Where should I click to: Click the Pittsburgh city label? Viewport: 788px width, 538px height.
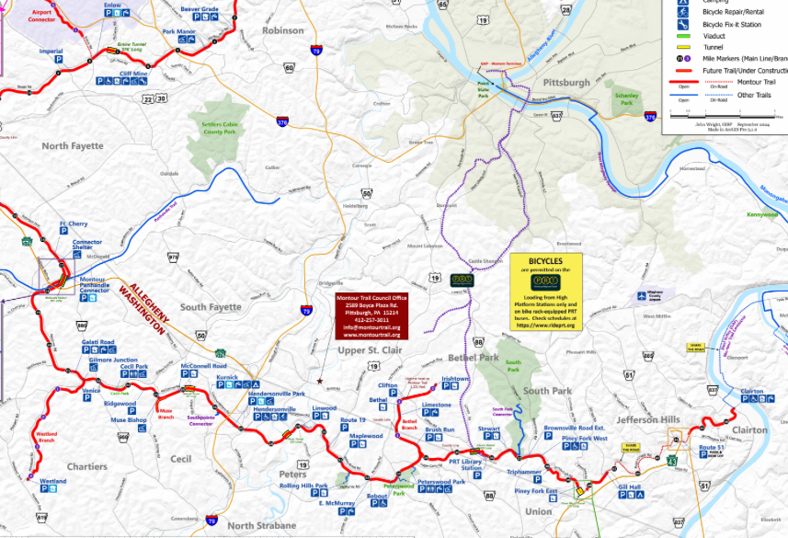pyautogui.click(x=565, y=82)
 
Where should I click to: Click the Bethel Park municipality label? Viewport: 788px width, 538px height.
pyautogui.click(x=474, y=357)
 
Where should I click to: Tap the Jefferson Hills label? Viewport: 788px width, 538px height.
pyautogui.click(x=648, y=418)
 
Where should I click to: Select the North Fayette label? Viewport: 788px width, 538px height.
pyautogui.click(x=73, y=145)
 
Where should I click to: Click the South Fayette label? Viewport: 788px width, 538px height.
pyautogui.click(x=211, y=306)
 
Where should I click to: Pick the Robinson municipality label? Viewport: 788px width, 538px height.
pyautogui.click(x=282, y=30)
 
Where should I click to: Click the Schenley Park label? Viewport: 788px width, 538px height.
pyautogui.click(x=626, y=98)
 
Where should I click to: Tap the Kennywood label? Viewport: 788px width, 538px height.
pyautogui.click(x=762, y=214)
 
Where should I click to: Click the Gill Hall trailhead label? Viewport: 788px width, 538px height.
pyautogui.click(x=629, y=486)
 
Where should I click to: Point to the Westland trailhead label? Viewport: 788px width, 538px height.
pyautogui.click(x=52, y=481)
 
